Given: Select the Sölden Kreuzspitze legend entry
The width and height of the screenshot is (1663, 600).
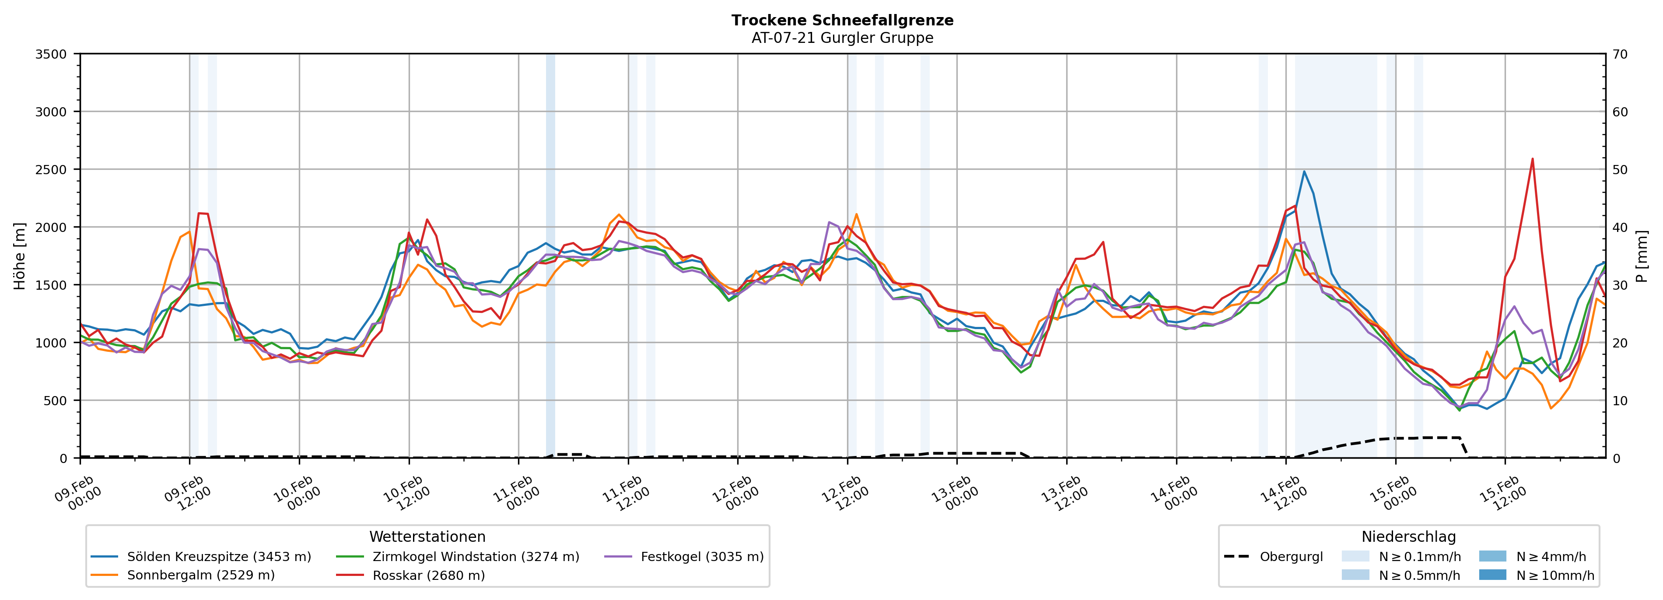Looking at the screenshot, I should (x=218, y=557).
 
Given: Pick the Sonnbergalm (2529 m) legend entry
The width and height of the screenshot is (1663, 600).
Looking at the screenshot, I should (x=200, y=575).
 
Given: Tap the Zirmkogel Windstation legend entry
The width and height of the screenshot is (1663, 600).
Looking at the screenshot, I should (x=475, y=557).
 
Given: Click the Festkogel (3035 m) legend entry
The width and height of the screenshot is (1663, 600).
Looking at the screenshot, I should (x=702, y=557).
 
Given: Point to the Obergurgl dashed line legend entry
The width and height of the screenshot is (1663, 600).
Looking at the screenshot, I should (x=1291, y=557).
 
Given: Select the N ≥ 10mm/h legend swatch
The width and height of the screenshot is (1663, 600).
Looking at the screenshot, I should (x=1492, y=575).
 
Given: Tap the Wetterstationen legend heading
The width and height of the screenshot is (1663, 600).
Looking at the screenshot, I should (x=427, y=537).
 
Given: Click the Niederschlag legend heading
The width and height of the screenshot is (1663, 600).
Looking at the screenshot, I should (x=1409, y=537).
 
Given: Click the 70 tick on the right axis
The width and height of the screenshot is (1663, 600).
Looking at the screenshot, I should (x=1620, y=54).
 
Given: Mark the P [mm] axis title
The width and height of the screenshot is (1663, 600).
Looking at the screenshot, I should (x=1642, y=256).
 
